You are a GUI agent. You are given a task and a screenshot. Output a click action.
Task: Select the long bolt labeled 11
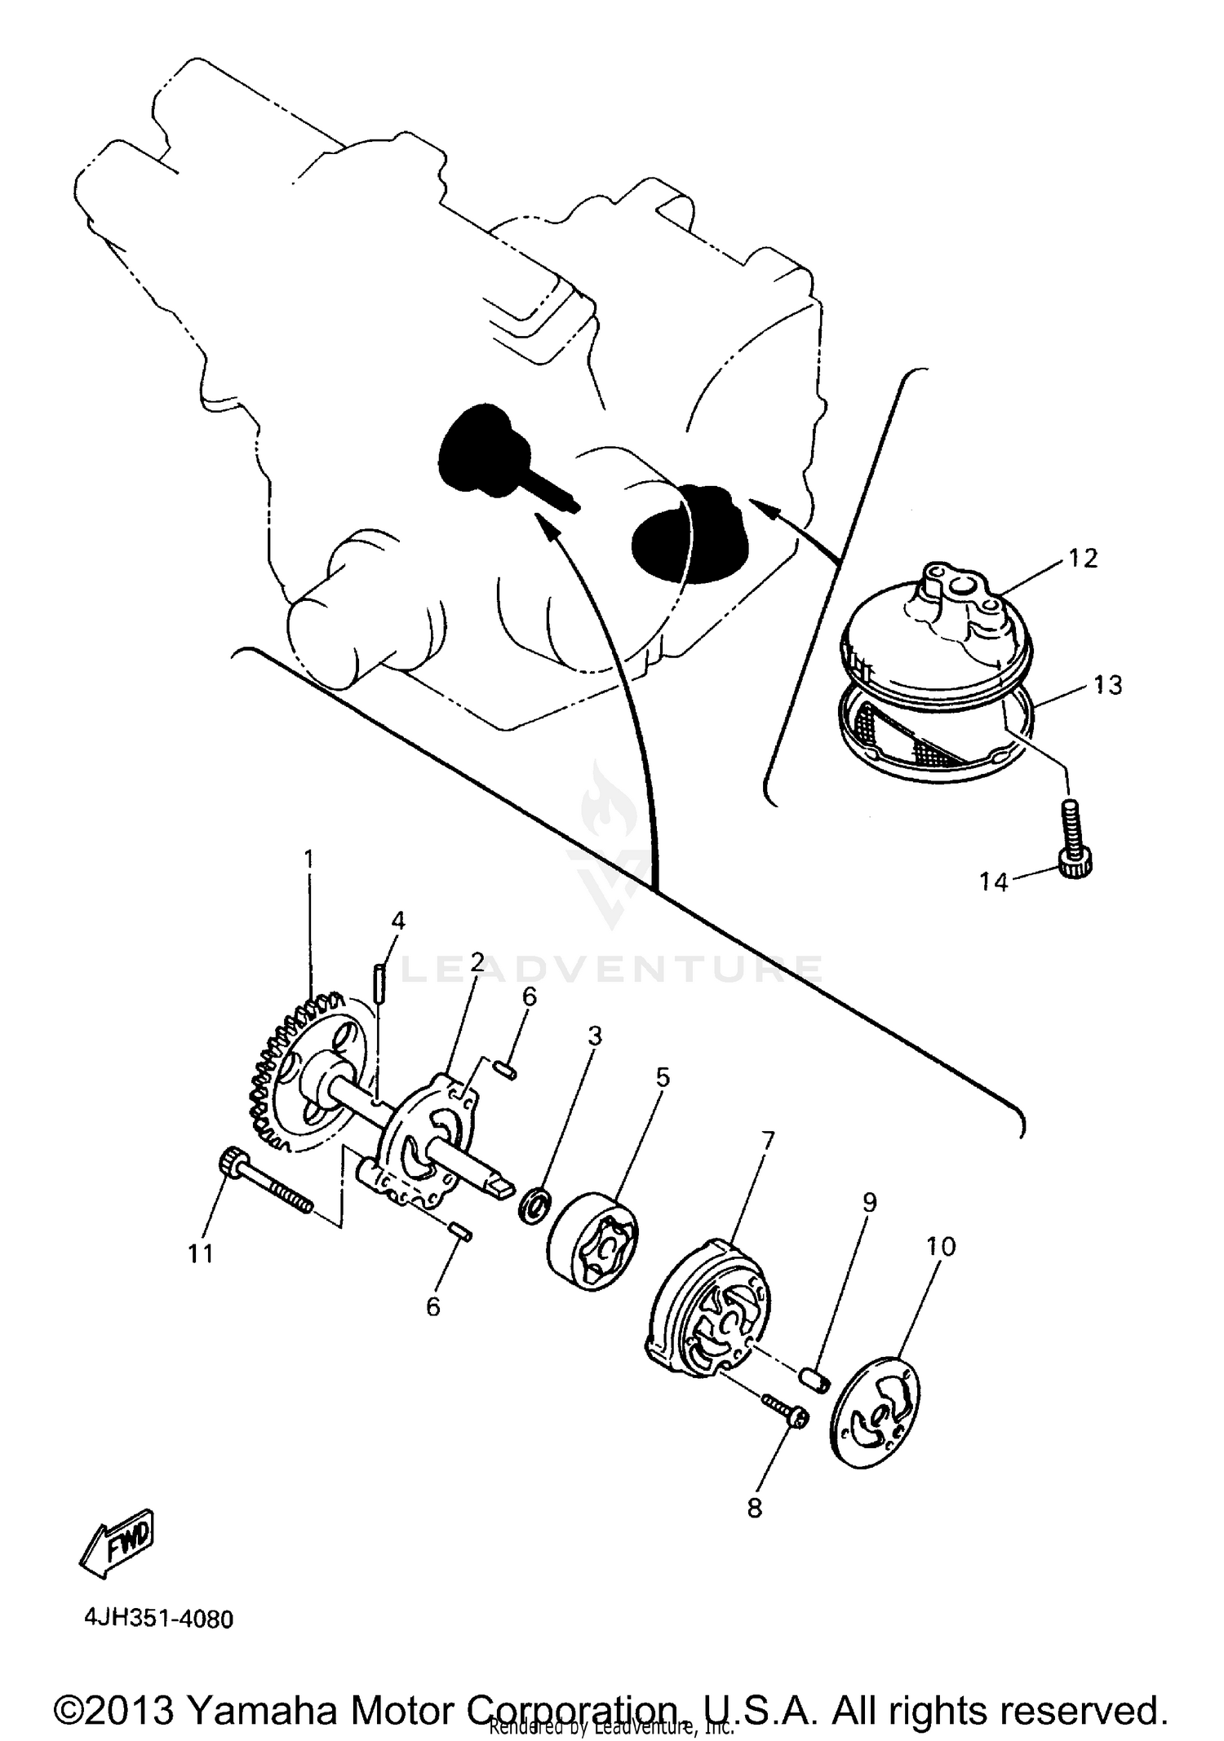coord(265,1184)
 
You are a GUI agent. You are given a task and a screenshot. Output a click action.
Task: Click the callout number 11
coord(201,1253)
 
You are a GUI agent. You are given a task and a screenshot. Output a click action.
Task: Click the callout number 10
coord(940,1247)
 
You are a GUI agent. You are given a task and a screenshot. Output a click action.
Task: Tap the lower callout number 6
coord(432,1306)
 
